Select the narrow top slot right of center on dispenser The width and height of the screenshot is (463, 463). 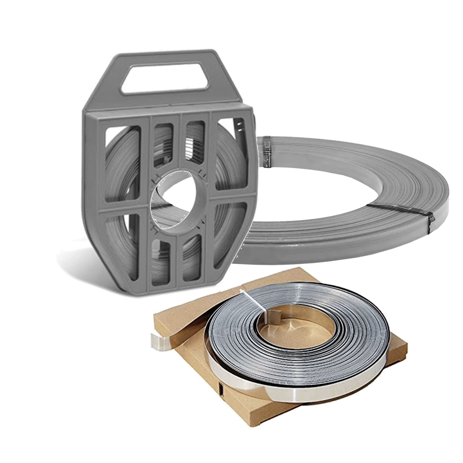tap(195, 142)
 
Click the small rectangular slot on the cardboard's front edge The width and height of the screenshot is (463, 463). tap(222, 389)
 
